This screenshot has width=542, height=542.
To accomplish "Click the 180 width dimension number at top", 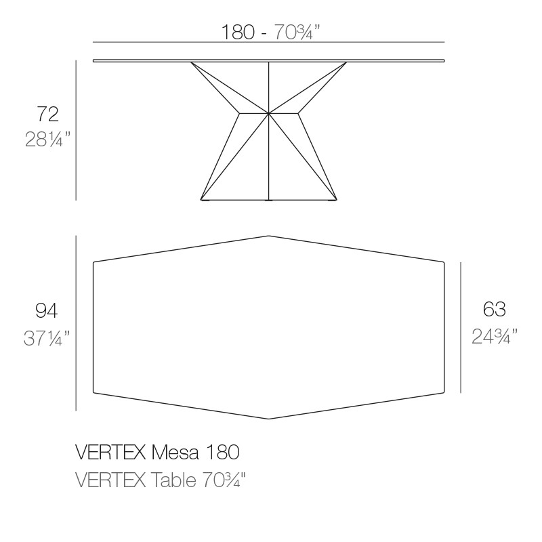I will click(237, 31).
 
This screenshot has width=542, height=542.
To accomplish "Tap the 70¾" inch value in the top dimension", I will click(295, 31).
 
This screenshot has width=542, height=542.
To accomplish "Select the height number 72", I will click(47, 113).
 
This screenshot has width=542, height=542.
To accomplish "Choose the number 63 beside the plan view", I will click(494, 310).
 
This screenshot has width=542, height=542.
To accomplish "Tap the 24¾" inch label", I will click(495, 337).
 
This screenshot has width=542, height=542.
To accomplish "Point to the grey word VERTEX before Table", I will click(110, 480).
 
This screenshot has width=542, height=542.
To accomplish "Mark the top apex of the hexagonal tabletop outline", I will click(269, 236).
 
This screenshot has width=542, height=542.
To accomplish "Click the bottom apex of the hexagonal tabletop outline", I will click(269, 419).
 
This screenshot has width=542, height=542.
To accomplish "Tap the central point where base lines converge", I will click(269, 112).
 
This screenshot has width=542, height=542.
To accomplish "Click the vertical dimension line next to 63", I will click(461, 327).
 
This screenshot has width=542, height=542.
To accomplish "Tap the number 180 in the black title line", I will click(225, 452).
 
